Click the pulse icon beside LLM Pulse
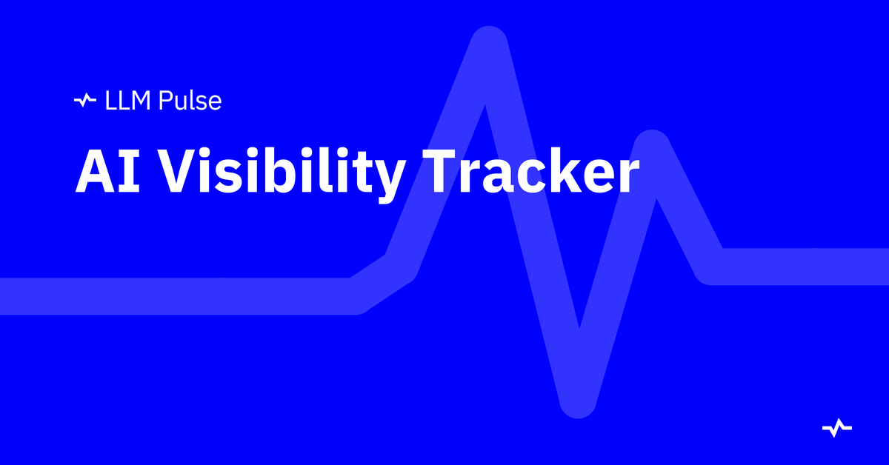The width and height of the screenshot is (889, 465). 85,100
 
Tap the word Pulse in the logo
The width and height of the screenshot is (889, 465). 190,101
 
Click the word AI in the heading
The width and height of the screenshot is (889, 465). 107,170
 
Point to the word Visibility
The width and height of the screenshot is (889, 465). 284,175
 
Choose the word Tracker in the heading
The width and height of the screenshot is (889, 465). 531,170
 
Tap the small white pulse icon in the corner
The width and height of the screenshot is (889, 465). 837,428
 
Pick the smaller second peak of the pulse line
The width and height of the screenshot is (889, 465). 652,146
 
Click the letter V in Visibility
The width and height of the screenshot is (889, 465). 182,170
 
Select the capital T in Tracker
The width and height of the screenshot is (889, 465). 442,170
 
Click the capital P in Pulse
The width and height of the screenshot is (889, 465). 165,101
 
